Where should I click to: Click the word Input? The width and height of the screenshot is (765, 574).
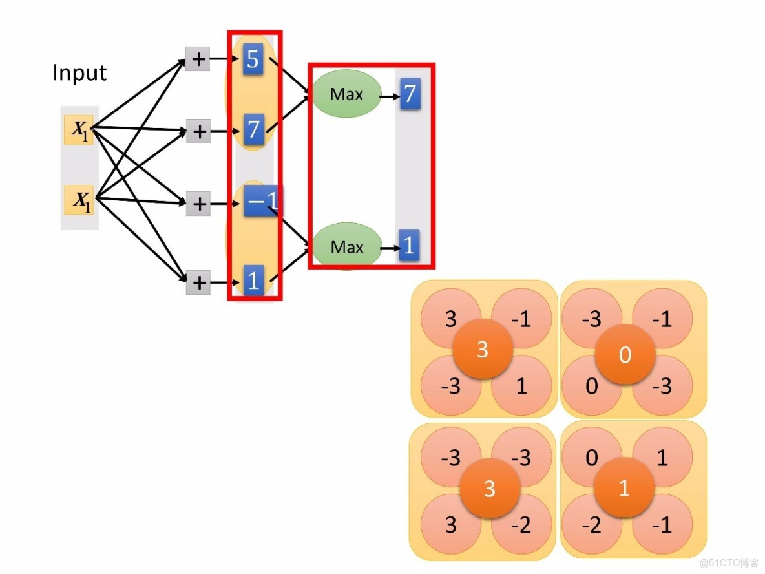coord(79,72)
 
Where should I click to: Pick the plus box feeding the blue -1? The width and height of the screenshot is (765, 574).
coord(198,204)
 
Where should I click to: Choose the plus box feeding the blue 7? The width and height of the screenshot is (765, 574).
coord(198,132)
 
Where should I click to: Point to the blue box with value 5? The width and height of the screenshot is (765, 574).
coord(252,60)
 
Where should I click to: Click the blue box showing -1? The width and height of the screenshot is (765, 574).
coord(261,202)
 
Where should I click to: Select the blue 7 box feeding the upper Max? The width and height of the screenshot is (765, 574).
coord(253,131)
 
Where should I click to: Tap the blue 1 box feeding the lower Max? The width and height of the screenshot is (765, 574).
coord(253,281)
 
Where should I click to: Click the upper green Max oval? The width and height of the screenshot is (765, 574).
coord(346,94)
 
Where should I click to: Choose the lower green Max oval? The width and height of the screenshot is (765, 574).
coord(347,246)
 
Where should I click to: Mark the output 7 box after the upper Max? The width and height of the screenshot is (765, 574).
coord(409,94)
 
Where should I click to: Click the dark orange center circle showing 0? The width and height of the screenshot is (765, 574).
coord(625,355)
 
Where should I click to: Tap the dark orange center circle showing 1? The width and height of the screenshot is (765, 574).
coord(624,487)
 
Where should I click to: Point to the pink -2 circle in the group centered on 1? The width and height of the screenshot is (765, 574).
coord(591,524)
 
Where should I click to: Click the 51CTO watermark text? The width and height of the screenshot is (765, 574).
coord(729,562)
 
